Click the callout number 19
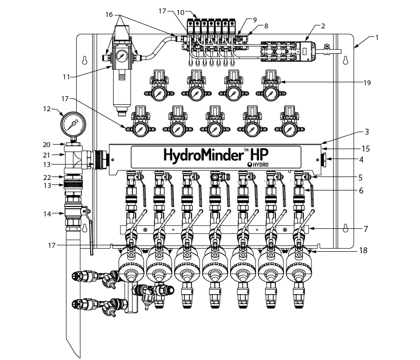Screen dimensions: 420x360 pyautogui.click(x=367, y=83)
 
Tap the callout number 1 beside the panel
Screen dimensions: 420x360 pyautogui.click(x=377, y=37)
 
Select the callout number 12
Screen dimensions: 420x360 pyautogui.click(x=47, y=109)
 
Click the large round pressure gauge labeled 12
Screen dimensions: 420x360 pyautogui.click(x=73, y=124)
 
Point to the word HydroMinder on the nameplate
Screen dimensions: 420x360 pyautogui.click(x=202, y=155)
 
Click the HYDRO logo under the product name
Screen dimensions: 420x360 pyautogui.click(x=258, y=165)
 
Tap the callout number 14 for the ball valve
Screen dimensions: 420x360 pyautogui.click(x=47, y=214)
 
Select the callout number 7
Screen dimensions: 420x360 pyautogui.click(x=366, y=229)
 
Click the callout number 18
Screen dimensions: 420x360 pyautogui.click(x=363, y=250)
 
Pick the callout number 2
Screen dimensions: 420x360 pyautogui.click(x=323, y=26)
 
